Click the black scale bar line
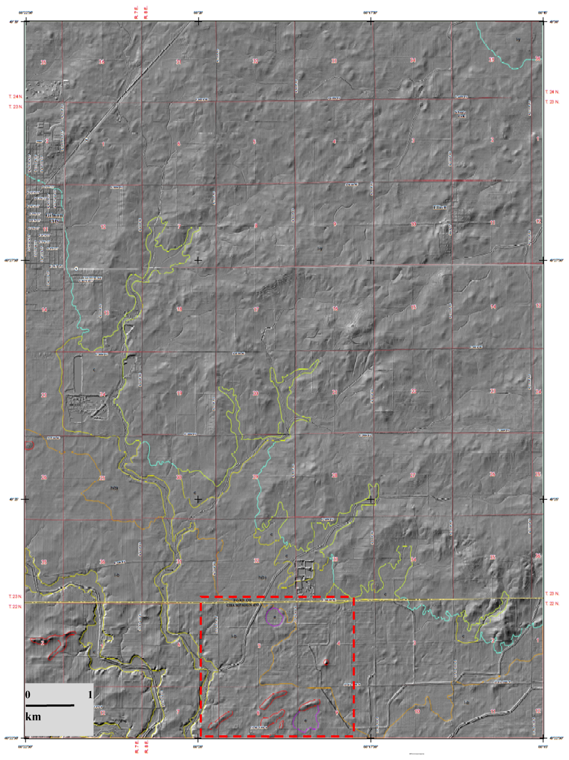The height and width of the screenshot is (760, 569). (x=50, y=705)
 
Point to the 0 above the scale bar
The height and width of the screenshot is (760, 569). (x=28, y=695)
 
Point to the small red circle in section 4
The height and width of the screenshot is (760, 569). (x=326, y=662)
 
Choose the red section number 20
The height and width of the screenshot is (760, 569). (x=255, y=393)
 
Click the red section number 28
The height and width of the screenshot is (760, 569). (x=334, y=476)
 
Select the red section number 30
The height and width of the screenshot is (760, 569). (x=179, y=477)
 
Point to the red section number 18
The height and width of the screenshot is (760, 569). (x=179, y=309)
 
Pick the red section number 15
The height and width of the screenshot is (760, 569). (x=414, y=307)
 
